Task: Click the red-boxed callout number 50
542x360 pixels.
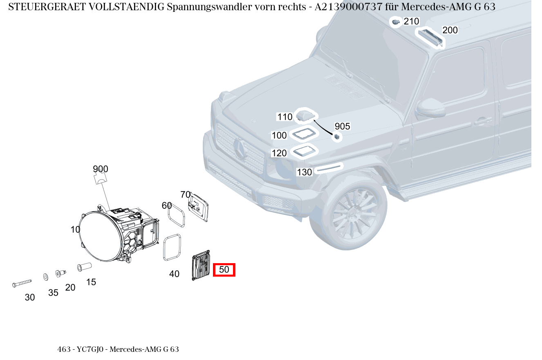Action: [224, 270]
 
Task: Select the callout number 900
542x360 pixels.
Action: [100, 169]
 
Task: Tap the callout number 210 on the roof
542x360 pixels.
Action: [411, 21]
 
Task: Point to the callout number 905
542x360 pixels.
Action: [342, 126]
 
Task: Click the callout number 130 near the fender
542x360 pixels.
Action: [304, 172]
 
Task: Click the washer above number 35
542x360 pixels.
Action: [45, 277]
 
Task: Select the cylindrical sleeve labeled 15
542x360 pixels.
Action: [84, 267]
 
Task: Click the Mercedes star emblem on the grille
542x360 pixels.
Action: [240, 149]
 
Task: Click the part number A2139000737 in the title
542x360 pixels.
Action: [349, 7]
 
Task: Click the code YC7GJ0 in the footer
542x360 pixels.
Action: [90, 349]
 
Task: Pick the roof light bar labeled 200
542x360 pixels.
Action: [430, 36]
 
